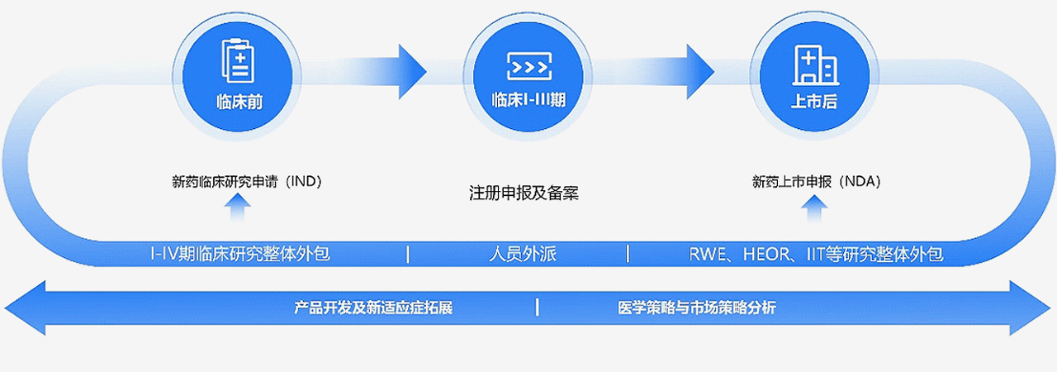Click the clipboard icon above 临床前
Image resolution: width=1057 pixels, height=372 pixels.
click(x=238, y=60)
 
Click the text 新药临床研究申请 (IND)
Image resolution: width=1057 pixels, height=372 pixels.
click(x=246, y=182)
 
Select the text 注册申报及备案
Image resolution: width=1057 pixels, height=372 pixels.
click(x=524, y=194)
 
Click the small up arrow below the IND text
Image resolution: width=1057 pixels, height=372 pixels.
click(x=238, y=210)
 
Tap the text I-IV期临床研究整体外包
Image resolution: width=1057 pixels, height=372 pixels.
click(x=239, y=254)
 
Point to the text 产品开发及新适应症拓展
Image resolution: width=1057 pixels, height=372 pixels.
click(x=373, y=308)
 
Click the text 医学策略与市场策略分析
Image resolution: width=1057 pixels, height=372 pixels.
click(x=696, y=308)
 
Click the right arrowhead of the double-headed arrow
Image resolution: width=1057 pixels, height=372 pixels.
click(x=1032, y=308)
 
